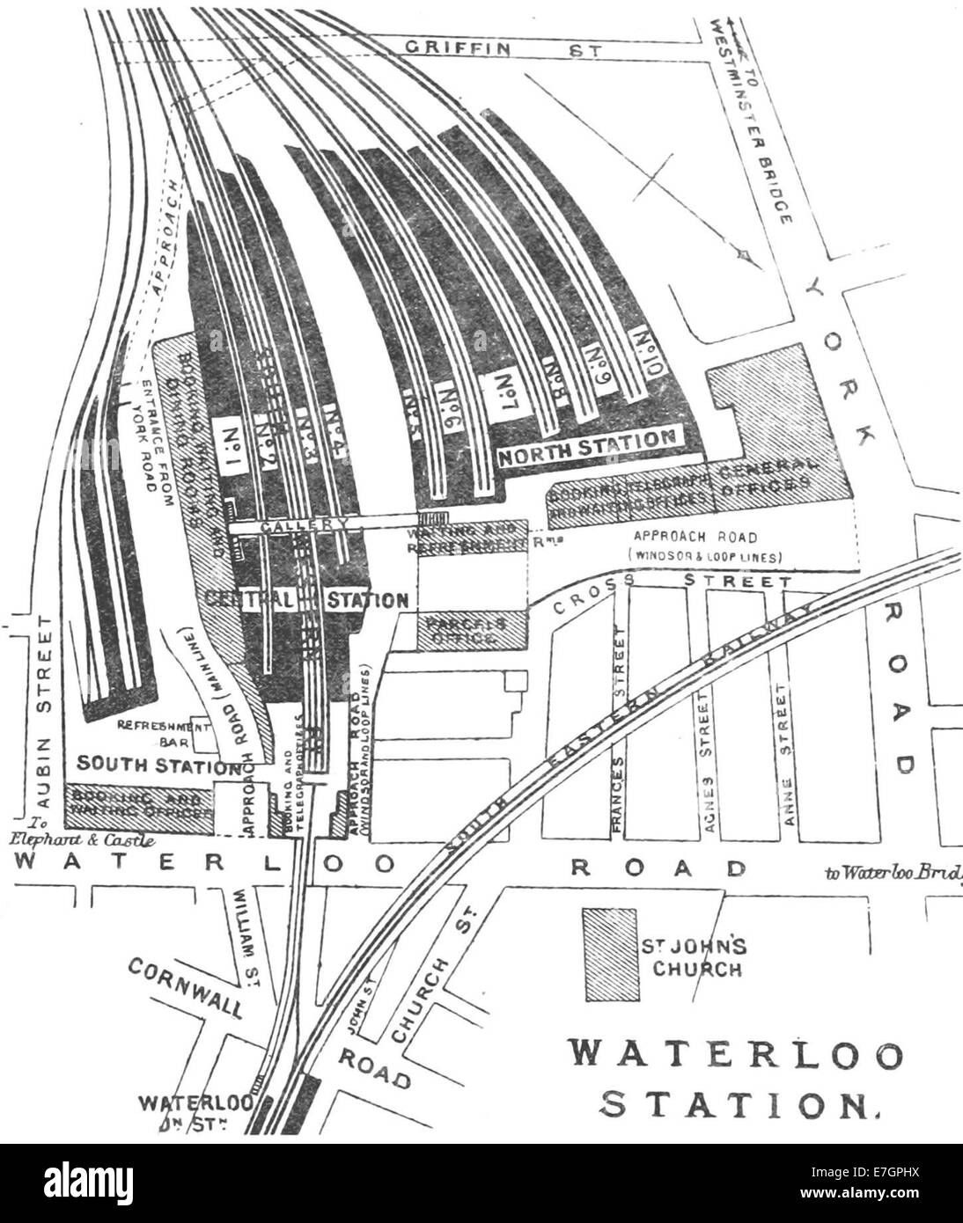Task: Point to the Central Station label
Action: coord(308,600)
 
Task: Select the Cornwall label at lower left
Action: coord(186,985)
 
